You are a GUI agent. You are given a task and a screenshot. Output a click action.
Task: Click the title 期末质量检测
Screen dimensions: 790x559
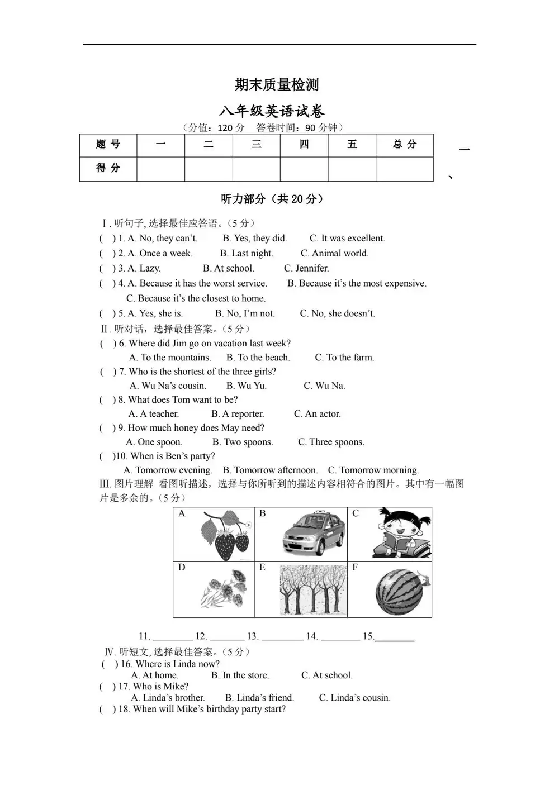point(277,85)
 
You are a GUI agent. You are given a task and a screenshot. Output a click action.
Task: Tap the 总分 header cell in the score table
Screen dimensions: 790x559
point(404,145)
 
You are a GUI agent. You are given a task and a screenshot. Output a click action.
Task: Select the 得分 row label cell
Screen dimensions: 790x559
point(108,168)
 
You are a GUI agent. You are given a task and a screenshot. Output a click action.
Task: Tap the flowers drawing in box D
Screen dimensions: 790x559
point(225,589)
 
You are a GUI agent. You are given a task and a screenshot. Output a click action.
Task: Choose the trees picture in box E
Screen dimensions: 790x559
point(313,590)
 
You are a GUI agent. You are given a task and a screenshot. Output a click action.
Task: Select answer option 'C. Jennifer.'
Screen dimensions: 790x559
point(306,268)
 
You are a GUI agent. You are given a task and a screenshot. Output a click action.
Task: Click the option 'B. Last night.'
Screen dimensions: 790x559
point(247,253)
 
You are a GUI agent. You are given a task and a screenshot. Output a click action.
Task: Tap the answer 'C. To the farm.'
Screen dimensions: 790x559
point(344,358)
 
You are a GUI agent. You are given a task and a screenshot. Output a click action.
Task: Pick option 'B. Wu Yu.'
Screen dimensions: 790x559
point(247,386)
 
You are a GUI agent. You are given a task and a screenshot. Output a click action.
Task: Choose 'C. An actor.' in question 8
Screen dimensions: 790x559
point(317,414)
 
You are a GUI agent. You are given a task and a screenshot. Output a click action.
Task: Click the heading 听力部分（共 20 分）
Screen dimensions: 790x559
point(272,199)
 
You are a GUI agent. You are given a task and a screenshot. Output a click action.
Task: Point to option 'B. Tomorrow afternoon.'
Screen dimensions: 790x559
point(270,470)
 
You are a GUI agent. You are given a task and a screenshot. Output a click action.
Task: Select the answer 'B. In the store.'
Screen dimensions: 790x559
point(240,675)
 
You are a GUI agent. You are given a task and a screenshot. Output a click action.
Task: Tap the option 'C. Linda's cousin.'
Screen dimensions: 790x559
point(354,698)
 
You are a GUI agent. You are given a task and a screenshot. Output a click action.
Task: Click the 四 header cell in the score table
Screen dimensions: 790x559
point(304,145)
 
